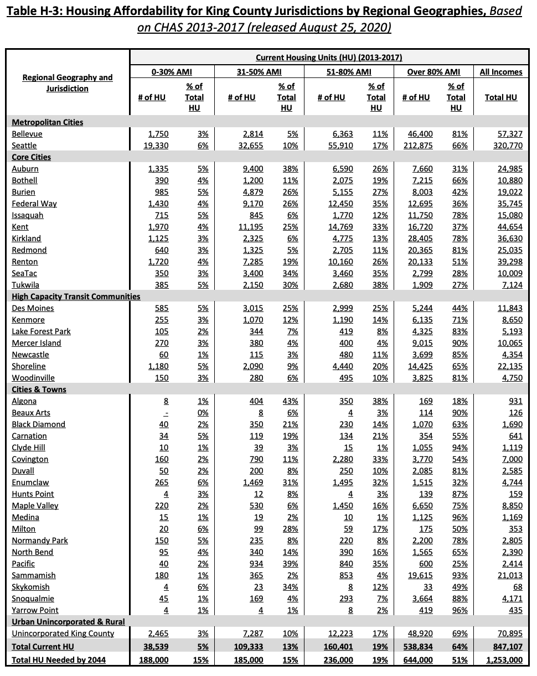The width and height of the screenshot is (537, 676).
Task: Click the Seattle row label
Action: tap(24, 145)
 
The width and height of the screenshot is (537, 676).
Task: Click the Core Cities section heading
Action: tap(31, 157)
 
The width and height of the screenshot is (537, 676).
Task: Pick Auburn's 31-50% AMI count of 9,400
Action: tap(252, 169)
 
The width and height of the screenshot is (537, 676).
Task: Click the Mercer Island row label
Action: tap(37, 343)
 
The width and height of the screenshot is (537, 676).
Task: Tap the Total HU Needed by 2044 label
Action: tap(59, 660)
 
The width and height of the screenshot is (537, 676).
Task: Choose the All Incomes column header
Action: tap(500, 72)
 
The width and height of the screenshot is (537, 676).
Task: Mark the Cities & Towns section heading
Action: tap(39, 389)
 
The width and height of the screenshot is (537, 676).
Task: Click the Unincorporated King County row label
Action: tap(63, 633)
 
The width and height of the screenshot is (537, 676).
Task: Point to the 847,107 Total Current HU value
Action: tap(507, 646)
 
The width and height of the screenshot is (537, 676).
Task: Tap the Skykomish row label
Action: tap(30, 587)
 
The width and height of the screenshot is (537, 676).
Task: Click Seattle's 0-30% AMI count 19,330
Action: tap(156, 145)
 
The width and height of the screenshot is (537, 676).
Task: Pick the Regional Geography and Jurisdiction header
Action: tap(67, 83)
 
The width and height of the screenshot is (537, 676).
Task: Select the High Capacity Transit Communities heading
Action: tap(76, 297)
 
